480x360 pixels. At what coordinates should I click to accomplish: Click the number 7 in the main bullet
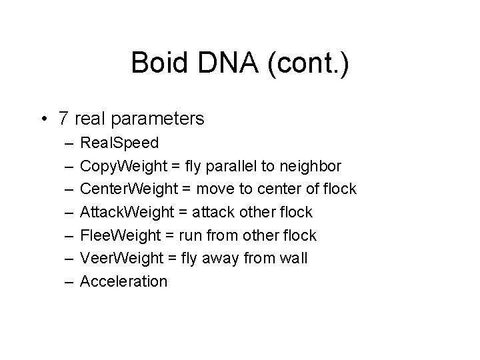tap(63, 119)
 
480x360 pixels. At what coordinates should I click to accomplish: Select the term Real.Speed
tap(119, 143)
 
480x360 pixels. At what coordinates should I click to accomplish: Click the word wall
tap(294, 258)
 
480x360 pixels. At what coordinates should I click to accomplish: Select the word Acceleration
tap(123, 281)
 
